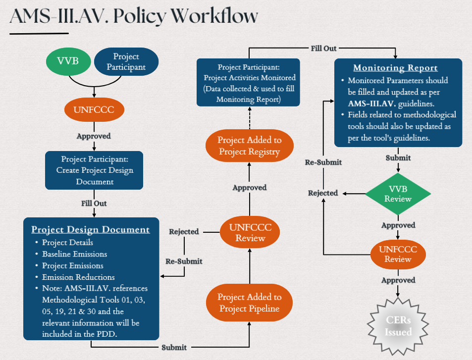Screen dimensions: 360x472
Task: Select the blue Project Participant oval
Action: click(126, 62)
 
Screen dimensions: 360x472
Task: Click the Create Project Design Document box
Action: click(94, 170)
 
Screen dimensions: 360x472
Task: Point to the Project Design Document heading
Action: click(91, 229)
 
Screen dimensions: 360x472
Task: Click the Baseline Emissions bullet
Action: click(74, 254)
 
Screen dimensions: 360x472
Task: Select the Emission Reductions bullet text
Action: click(78, 277)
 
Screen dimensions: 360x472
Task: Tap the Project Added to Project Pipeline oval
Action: click(249, 303)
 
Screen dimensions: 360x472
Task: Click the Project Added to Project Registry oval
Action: click(250, 146)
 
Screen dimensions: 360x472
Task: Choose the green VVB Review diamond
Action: click(398, 193)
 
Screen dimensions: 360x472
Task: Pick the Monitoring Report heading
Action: click(395, 68)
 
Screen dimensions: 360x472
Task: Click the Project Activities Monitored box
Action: click(248, 82)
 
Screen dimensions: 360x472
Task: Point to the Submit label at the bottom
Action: click(174, 347)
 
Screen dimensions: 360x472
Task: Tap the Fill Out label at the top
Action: click(324, 48)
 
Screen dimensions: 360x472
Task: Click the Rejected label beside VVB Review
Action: click(323, 193)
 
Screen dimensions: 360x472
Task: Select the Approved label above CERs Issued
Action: click(398, 280)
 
